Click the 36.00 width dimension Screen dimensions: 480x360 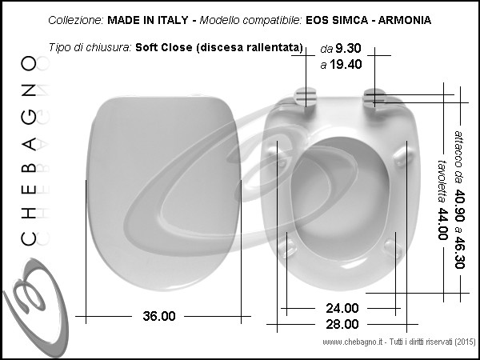tap(159, 316)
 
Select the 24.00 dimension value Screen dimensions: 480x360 tap(342, 308)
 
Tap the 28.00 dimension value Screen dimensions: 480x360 tap(342, 324)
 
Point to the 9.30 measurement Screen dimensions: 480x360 tap(348, 48)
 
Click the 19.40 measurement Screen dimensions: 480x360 tap(346, 64)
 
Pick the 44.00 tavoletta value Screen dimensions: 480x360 tap(442, 224)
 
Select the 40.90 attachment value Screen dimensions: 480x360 tap(459, 205)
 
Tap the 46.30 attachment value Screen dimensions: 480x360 tap(459, 252)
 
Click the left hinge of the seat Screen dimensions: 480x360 tap(305, 97)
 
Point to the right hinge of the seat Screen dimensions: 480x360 tap(374, 98)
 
